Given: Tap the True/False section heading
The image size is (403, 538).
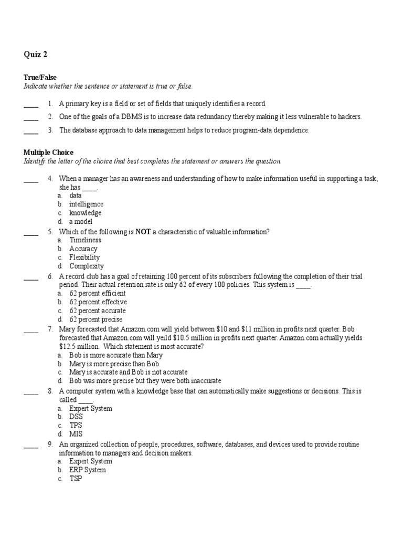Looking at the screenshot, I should pyautogui.click(x=40, y=77).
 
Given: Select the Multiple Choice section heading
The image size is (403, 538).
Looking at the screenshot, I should pyautogui.click(x=48, y=152).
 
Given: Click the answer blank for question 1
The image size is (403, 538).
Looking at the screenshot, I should pyautogui.click(x=31, y=104).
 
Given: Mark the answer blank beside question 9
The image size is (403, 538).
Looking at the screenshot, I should pyautogui.click(x=31, y=444).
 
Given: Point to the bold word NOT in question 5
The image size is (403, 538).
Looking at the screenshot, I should pyautogui.click(x=143, y=232).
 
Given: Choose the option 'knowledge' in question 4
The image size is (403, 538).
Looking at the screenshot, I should pyautogui.click(x=85, y=213).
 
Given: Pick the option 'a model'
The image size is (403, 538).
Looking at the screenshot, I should pyautogui.click(x=81, y=222).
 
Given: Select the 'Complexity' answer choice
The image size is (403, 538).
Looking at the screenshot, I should pyautogui.click(x=86, y=266).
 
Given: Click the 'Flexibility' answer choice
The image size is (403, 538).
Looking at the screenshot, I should pyautogui.click(x=84, y=257).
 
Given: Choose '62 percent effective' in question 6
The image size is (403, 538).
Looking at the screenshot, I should pyautogui.click(x=98, y=302).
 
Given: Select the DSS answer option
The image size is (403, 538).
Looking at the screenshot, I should pyautogui.click(x=76, y=417).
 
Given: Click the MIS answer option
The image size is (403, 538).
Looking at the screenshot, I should pyautogui.click(x=76, y=434).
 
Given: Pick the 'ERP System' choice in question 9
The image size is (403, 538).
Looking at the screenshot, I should pyautogui.click(x=88, y=470).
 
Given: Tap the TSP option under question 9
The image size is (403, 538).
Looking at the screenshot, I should pyautogui.click(x=76, y=479).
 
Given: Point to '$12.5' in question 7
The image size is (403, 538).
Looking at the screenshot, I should pyautogui.click(x=67, y=347).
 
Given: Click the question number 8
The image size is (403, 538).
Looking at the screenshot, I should pyautogui.click(x=50, y=391).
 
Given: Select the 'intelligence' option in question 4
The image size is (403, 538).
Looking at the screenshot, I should pyautogui.click(x=86, y=204).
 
